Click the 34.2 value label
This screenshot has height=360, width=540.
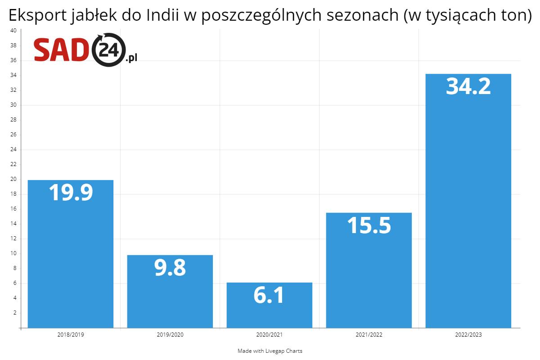coord(468,86)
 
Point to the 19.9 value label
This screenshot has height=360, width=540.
coord(71,192)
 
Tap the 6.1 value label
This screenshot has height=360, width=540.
coord(269,295)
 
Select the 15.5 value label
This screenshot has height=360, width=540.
coord(369,225)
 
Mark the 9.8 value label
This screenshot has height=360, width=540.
coord(170,268)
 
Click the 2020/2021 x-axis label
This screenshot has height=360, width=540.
coord(269,335)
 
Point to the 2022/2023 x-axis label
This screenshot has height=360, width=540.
coord(468,335)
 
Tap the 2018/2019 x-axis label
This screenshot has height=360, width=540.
coord(71,335)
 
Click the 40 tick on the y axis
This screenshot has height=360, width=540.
coord(13,31)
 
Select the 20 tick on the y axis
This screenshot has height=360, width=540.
coord(13,179)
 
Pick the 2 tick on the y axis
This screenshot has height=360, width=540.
coord(14,313)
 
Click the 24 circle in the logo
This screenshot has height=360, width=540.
coord(108,50)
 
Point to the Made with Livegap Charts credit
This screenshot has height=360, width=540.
coord(270,351)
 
